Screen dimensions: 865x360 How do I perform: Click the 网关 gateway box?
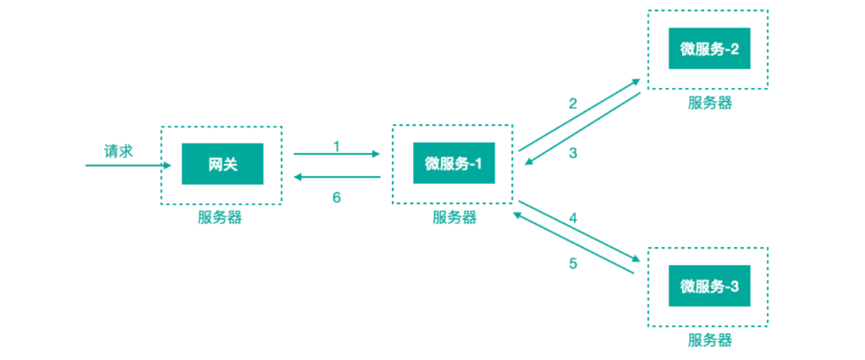point(222,163)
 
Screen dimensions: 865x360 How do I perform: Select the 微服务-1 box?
point(454,162)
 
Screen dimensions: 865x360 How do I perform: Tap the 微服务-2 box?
point(709,49)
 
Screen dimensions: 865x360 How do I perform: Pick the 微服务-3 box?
point(709,286)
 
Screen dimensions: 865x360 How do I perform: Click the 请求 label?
point(119,151)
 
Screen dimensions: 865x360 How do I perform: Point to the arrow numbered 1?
point(337,155)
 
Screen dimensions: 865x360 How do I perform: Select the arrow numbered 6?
point(337,177)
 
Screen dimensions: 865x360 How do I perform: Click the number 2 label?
point(572,103)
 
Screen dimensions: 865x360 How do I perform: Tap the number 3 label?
point(572,153)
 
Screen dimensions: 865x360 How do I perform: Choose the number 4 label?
point(573,218)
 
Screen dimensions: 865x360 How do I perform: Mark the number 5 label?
point(573,263)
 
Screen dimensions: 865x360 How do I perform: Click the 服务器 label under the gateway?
point(220,217)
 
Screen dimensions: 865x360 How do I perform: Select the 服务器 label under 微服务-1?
point(454,217)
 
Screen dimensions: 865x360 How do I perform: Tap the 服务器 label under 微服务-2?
point(710,103)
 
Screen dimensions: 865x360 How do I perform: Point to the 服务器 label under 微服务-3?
point(710,340)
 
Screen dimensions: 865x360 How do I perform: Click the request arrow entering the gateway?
point(128,165)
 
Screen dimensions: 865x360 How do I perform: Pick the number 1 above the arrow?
point(336,146)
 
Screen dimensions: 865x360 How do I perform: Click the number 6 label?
point(336,198)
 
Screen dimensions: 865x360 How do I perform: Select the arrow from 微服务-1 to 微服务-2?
point(579,115)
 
